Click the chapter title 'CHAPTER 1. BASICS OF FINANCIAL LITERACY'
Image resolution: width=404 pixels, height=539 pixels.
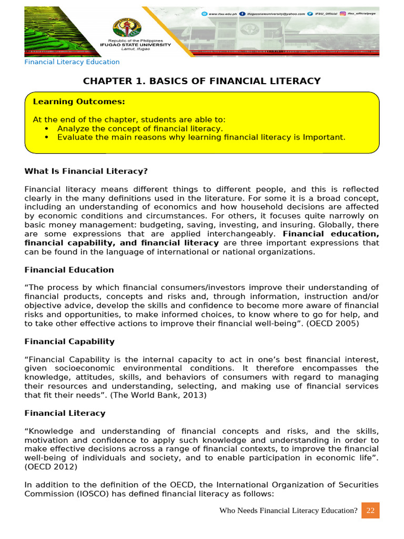[202, 81]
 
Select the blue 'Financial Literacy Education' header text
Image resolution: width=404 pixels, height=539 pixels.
[72, 62]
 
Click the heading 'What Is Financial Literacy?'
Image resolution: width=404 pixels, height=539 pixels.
[86, 171]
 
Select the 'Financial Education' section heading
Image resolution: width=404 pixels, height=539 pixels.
[69, 270]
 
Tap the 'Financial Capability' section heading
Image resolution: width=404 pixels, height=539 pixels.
[69, 342]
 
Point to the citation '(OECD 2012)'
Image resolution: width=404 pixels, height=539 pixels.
[50, 467]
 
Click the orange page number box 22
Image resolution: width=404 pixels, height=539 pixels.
[370, 511]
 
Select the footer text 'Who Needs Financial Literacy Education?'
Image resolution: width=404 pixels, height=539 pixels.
[288, 511]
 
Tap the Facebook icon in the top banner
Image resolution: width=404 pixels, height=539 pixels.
[241, 14]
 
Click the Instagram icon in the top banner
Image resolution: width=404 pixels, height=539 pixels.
[342, 14]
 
